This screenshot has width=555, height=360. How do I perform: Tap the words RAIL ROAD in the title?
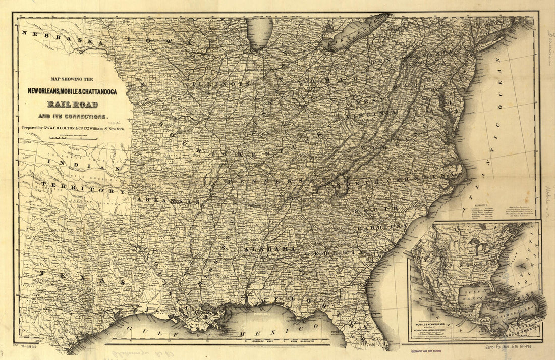point(73,105)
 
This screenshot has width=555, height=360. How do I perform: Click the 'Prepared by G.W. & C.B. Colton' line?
point(76,128)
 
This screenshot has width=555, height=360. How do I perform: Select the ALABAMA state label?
point(270,249)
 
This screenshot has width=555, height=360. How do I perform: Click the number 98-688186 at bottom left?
point(33,348)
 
